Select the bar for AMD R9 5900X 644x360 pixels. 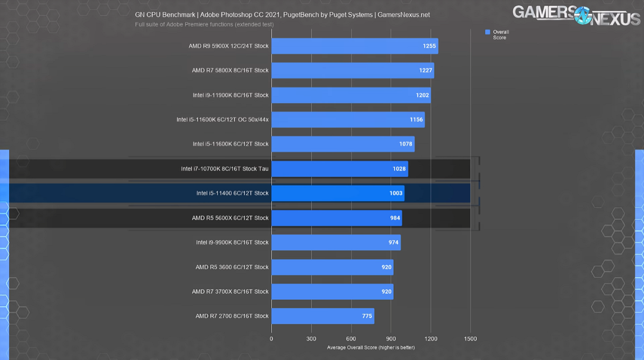[354, 46]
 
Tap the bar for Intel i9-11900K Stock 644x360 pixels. [351, 95]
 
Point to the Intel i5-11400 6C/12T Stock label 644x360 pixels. [232, 193]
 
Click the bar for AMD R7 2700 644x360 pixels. [323, 316]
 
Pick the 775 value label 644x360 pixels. [367, 316]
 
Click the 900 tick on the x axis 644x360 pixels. [391, 339]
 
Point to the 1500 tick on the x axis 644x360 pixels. [470, 339]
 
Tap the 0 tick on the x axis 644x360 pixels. [271, 339]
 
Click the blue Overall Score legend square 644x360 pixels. [488, 32]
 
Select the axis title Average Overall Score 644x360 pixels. [371, 348]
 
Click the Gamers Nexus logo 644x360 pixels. [576, 15]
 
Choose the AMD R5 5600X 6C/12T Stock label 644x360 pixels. [230, 218]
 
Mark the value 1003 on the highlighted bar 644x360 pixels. [396, 193]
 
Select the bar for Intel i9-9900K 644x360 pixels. [336, 243]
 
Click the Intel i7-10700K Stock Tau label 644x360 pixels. [225, 169]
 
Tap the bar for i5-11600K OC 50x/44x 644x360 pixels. [348, 119]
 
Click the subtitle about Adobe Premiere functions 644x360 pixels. [204, 24]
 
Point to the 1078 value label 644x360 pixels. [405, 144]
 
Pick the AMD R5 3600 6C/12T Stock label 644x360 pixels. [232, 267]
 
